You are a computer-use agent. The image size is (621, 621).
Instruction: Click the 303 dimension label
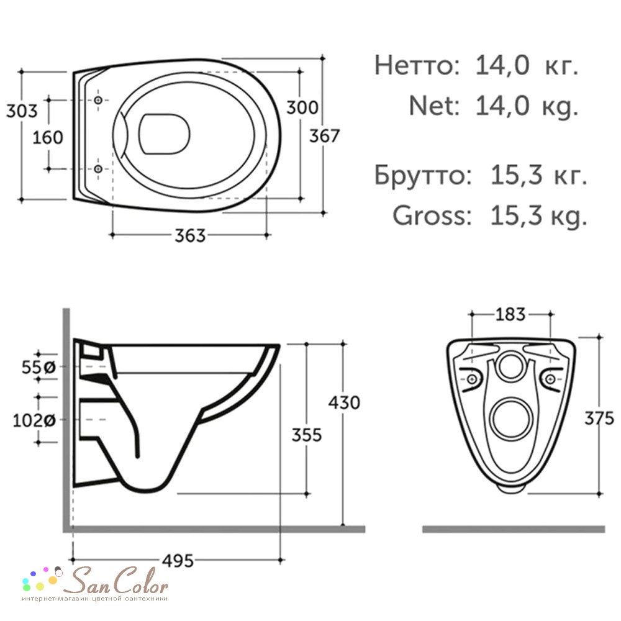(22, 111)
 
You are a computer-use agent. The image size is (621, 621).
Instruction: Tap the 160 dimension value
(48, 137)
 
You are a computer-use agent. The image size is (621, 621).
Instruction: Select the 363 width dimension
(190, 235)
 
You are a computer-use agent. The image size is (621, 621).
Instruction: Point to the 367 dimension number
(324, 136)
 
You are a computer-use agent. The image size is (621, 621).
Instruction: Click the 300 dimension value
(302, 107)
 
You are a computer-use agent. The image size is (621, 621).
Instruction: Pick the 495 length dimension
(178, 561)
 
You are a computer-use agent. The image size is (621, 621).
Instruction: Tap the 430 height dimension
(344, 403)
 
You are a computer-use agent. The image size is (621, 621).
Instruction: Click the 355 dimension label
(307, 435)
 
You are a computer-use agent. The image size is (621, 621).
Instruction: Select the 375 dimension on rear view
(599, 418)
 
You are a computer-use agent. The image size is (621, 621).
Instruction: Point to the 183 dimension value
(510, 314)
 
